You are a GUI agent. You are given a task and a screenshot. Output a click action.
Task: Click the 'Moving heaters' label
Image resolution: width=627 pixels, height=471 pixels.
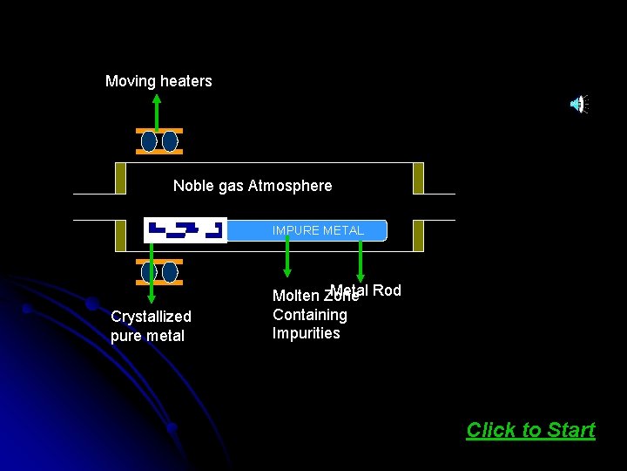point(158,81)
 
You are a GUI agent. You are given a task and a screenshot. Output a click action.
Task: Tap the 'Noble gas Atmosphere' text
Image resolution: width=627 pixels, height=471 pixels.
point(253,186)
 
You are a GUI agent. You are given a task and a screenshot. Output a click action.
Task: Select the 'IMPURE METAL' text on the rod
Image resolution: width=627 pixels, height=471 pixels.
point(318,230)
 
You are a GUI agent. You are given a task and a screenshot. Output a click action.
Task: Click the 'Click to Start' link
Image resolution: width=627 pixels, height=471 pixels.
point(530,430)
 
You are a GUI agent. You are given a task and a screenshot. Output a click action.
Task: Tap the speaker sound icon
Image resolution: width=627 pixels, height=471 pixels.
point(578,105)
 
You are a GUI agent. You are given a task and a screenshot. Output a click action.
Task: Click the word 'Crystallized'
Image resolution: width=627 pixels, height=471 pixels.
point(151,316)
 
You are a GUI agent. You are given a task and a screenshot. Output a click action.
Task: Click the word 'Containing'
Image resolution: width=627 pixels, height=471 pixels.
point(309,315)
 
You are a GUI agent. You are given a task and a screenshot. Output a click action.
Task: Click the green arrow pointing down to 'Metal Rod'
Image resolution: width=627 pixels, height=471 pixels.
point(360,261)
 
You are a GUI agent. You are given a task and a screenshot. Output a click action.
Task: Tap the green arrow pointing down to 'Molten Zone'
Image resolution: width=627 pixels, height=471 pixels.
point(288,260)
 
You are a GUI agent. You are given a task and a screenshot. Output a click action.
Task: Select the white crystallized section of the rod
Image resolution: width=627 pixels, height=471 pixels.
point(185,230)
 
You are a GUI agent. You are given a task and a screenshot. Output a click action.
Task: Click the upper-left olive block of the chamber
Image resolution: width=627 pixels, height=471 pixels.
point(120,178)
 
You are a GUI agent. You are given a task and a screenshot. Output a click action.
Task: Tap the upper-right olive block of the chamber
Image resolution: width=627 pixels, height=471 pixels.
point(418,178)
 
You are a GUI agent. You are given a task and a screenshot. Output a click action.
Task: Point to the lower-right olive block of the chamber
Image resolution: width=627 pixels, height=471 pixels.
point(418,235)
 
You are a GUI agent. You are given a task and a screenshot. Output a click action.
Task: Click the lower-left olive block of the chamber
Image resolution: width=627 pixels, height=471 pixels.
point(120,235)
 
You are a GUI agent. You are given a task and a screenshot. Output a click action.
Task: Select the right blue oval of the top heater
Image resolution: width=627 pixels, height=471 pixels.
point(170,141)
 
